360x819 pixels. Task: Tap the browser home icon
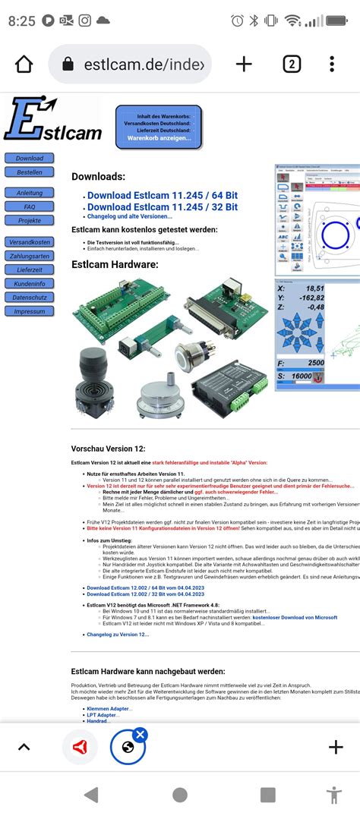(x=24, y=65)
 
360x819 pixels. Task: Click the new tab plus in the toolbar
(x=244, y=65)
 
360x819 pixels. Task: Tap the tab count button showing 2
(x=292, y=65)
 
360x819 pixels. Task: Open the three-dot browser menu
(x=332, y=65)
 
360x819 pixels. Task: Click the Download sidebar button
(x=30, y=159)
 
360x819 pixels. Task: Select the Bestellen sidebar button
(x=30, y=172)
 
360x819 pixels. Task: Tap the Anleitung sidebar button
(x=30, y=193)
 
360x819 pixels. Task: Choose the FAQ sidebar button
(x=30, y=206)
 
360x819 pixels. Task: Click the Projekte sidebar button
(x=30, y=220)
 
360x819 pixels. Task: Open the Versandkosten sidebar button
(x=30, y=241)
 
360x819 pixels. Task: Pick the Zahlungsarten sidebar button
(x=30, y=256)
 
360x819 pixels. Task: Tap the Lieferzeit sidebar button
(x=30, y=269)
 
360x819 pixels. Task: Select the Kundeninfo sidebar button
(x=30, y=283)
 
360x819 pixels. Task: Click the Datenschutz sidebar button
(x=30, y=297)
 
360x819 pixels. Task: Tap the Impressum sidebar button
(x=30, y=311)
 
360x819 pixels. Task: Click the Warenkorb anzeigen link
(x=159, y=138)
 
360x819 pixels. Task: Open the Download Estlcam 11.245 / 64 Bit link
(x=162, y=195)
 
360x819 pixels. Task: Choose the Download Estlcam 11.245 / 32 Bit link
(x=162, y=206)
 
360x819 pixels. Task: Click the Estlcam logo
(x=52, y=120)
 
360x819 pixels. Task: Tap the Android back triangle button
(x=91, y=795)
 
